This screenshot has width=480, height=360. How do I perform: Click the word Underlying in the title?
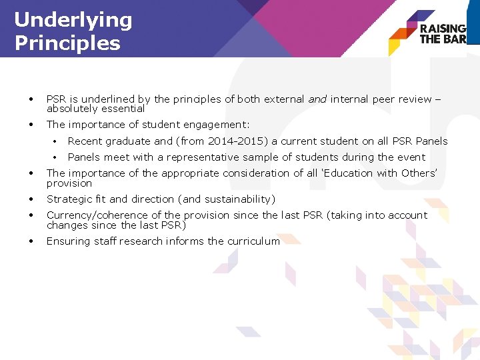point(73,20)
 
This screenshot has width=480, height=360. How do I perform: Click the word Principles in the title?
point(67,44)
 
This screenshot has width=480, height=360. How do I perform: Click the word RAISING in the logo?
point(443,29)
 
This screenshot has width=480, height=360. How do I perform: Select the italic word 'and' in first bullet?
point(317,99)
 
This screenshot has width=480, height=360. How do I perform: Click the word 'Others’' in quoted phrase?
point(418,173)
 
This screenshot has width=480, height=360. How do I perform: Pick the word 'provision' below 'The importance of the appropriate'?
point(69,183)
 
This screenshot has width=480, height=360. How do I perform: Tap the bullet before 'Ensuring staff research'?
point(31,241)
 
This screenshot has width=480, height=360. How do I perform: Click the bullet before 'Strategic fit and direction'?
point(31,199)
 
